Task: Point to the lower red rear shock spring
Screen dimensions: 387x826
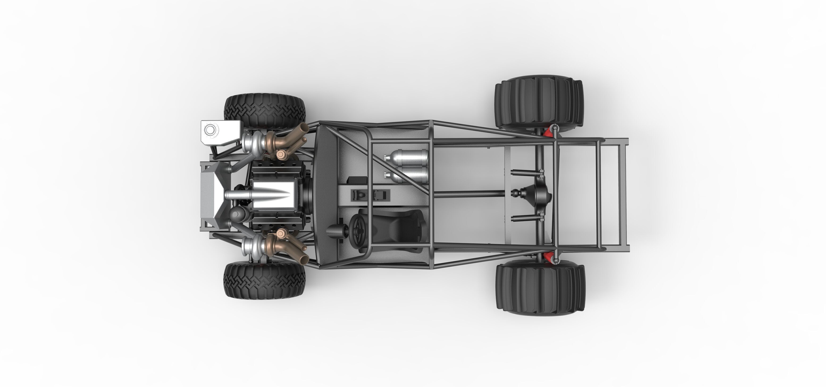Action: tap(549, 257)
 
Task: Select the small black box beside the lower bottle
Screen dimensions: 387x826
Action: tap(357, 180)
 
